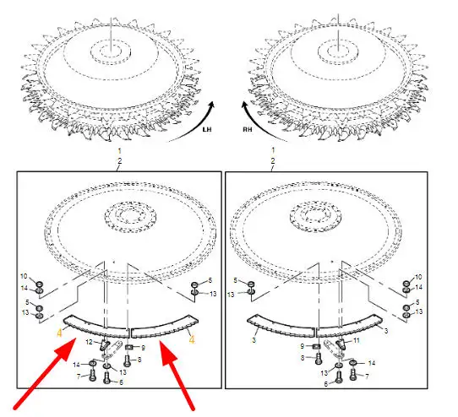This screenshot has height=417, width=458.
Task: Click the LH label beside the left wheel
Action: (x=207, y=129)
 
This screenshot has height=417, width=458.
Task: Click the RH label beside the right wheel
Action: (x=247, y=129)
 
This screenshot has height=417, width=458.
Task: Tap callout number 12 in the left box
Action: (x=89, y=342)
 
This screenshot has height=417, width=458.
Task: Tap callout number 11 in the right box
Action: (x=357, y=340)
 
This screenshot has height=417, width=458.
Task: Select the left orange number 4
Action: (x=60, y=333)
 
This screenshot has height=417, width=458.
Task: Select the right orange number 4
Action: (x=192, y=339)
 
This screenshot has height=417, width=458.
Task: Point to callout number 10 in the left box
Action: (x=24, y=276)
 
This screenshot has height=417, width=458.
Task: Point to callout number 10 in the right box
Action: (x=418, y=277)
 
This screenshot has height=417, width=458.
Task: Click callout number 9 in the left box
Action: (x=143, y=348)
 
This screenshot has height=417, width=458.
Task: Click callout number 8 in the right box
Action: (x=303, y=358)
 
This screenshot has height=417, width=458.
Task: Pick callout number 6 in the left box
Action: (x=121, y=382)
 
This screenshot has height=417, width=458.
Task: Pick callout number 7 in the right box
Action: (x=367, y=376)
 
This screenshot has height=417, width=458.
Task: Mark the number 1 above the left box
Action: (x=119, y=151)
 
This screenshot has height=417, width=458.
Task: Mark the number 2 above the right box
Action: (x=273, y=160)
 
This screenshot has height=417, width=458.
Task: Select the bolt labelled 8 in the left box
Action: (x=127, y=360)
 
